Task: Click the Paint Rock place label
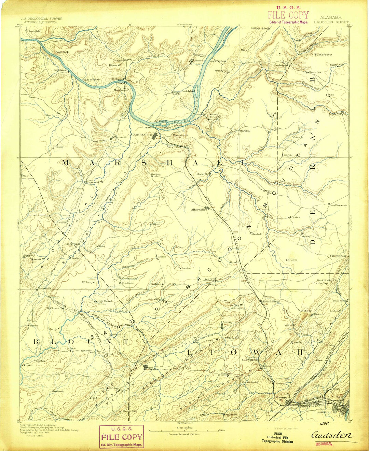(62, 52)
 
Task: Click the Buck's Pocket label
(323, 54)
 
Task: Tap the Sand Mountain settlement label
(338, 205)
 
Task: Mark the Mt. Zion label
(291, 260)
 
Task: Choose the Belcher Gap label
(338, 256)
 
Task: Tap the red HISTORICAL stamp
(324, 444)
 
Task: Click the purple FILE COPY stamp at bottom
(121, 437)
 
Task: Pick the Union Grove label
(51, 115)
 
